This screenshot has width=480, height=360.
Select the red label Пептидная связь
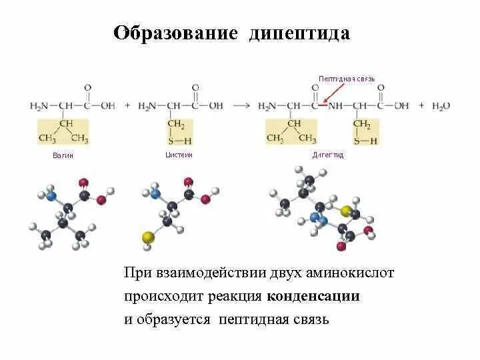pos(347,79)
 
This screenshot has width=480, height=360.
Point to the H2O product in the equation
pos(442,106)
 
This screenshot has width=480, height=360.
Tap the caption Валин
pos(63,155)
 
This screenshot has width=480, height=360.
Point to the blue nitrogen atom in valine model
pos(50,196)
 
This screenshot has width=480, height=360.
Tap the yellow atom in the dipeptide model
pos(346,211)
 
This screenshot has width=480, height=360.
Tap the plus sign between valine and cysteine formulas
pos(127,106)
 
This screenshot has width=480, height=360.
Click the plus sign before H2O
pos(421,106)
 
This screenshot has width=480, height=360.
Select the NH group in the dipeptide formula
pos(337,106)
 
